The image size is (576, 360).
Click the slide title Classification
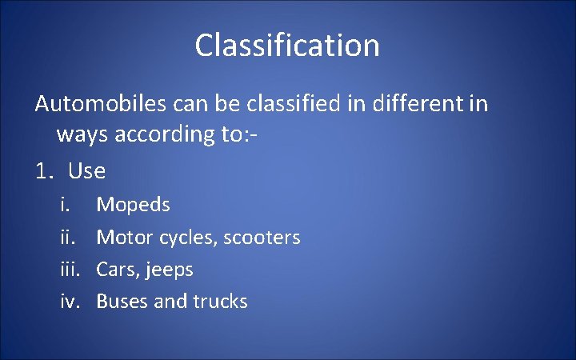[x=287, y=46]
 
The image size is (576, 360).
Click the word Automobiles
[x=98, y=104]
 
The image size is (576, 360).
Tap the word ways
[x=82, y=134]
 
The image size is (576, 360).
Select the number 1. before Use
[x=45, y=171]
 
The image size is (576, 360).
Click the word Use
[x=87, y=171]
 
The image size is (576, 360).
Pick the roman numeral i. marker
[x=65, y=205]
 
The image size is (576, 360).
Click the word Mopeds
[x=133, y=206]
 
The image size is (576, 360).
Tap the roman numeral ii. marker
[x=66, y=238]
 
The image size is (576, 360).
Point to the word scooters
[x=262, y=238]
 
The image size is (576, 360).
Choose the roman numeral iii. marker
[x=69, y=270]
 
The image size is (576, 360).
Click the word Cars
[x=114, y=270]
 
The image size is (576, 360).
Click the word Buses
[x=119, y=302]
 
